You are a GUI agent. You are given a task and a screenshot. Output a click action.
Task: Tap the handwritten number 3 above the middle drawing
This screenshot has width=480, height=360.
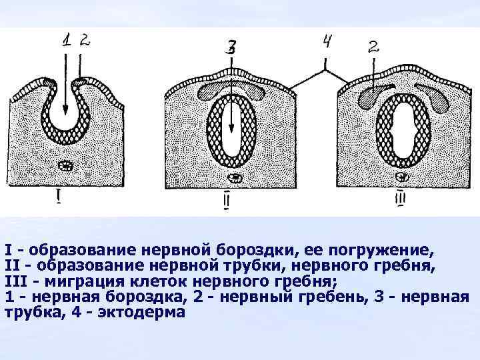[x=231, y=47]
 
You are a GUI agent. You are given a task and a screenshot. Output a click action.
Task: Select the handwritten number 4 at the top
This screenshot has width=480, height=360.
[x=327, y=43]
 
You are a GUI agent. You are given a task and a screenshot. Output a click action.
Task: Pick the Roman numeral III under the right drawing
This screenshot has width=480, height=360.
[x=401, y=198]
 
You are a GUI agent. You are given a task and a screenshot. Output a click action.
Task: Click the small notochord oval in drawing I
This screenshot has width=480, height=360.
[x=67, y=165]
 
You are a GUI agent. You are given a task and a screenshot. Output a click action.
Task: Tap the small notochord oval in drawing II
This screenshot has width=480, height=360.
[x=235, y=178]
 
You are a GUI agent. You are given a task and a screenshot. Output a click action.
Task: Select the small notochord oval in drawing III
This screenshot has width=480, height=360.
[x=402, y=177]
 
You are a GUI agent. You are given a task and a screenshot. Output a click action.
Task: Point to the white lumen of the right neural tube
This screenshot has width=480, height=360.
[x=401, y=130]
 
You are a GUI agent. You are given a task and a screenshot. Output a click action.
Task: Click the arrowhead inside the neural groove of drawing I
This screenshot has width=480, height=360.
[x=65, y=113]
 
